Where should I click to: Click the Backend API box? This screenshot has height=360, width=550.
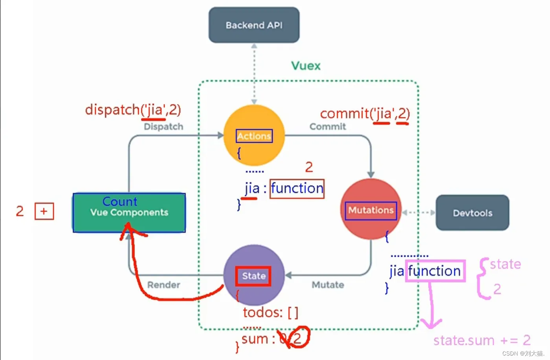pos(254,25)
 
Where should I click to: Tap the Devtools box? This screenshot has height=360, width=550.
pos(472,213)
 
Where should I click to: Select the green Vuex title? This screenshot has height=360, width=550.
pos(306,66)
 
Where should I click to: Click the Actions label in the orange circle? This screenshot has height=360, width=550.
pos(254,136)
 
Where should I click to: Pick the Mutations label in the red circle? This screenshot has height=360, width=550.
pos(371,210)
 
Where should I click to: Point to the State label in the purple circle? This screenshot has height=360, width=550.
pos(253,276)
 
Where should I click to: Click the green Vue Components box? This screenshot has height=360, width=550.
pos(129,212)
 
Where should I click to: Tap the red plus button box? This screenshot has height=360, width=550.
pos(44,211)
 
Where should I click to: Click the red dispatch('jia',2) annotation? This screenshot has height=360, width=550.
pos(133,110)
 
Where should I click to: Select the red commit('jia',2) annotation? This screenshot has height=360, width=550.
pos(365,114)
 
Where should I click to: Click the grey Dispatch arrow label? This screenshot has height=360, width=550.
pos(163,127)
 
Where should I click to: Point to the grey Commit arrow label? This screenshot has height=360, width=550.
pos(328,127)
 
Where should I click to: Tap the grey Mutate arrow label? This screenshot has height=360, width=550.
pos(328,285)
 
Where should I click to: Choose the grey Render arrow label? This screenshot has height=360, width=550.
pos(163,285)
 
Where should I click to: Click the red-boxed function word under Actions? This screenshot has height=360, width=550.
pos(297,189)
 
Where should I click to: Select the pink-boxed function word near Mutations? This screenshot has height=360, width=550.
pos(434,271)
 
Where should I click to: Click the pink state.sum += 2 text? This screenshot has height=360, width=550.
pos(482,340)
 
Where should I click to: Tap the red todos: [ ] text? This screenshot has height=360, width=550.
pos(270,313)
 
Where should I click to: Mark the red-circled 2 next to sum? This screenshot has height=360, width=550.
pos(297,338)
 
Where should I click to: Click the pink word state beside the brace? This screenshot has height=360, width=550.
pos(505,264)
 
